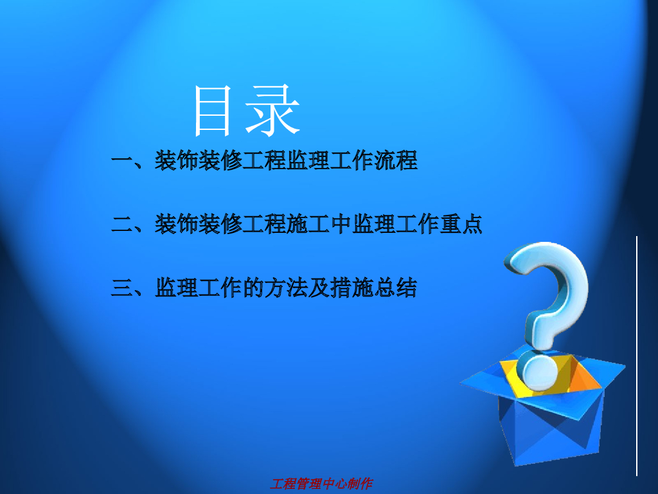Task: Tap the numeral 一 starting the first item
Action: tap(121, 160)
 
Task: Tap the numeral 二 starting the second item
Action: tap(121, 224)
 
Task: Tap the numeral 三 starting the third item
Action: tap(121, 288)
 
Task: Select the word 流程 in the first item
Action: tap(395, 160)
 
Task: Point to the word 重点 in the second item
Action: tap(461, 224)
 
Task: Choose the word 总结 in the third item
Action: tap(395, 288)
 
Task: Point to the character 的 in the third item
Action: tap(253, 288)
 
